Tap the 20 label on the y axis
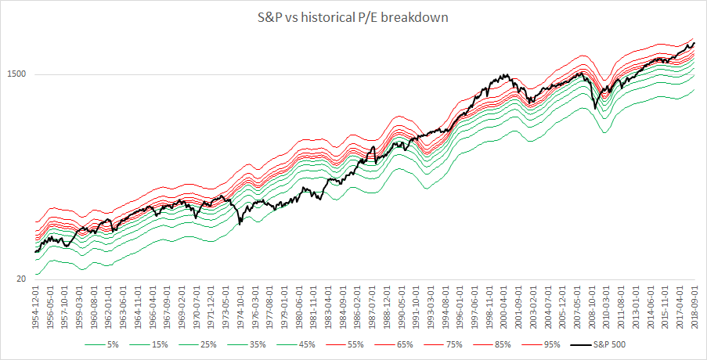pyautogui.click(x=22, y=279)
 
